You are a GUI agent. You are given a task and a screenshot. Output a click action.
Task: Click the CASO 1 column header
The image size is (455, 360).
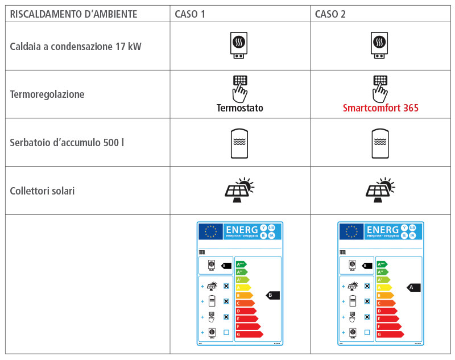tap(190, 14)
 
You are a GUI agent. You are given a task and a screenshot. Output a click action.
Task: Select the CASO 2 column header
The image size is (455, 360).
tap(330, 14)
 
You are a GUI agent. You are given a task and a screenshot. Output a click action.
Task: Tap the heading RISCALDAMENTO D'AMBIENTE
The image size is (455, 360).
tap(73, 14)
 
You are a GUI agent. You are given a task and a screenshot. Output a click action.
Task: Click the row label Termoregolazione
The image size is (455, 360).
tap(47, 94)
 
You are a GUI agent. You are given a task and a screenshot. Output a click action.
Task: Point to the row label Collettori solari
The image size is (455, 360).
tap(42, 191)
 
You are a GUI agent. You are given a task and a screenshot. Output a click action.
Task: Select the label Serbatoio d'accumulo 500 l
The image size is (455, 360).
tap(67, 143)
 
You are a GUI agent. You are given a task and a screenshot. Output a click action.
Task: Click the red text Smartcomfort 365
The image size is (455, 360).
tap(380, 108)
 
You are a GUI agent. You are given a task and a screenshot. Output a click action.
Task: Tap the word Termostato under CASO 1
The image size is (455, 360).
tap(239, 108)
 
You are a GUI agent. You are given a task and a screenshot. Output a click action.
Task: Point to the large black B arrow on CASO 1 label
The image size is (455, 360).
tap(273, 295)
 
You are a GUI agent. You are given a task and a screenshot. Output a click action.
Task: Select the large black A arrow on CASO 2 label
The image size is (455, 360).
tap(413, 288)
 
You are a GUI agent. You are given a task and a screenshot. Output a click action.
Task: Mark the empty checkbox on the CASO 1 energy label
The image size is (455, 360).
tap(226, 332)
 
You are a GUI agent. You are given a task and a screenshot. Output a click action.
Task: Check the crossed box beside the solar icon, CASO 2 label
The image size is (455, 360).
tap(367, 286)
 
